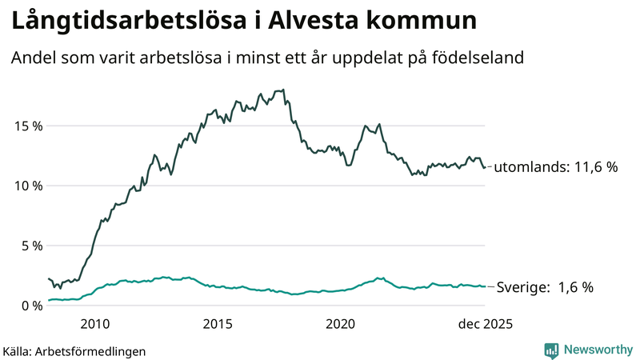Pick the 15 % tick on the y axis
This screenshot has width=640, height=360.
click(26, 126)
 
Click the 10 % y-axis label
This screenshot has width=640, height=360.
click(26, 186)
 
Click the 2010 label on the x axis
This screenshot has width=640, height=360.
click(95, 324)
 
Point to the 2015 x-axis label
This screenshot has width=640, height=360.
click(218, 324)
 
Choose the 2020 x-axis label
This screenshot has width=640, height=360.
click(341, 324)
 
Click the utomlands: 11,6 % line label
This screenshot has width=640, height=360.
click(556, 168)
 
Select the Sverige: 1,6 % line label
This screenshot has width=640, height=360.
click(546, 287)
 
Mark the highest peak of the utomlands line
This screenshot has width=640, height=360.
click(284, 90)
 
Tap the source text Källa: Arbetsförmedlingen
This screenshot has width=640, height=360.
click(74, 350)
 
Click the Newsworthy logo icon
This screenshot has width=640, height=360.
click(551, 350)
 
